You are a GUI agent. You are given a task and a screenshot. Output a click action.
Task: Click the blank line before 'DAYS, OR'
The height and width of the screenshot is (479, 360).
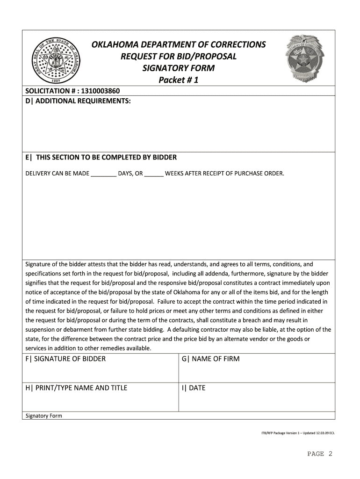click(x=103, y=174)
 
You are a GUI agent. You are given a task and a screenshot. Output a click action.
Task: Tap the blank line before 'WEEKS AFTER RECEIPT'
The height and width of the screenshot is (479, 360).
click(x=154, y=174)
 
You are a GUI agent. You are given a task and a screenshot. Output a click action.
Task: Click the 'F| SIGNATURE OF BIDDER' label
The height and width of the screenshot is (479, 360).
click(x=65, y=359)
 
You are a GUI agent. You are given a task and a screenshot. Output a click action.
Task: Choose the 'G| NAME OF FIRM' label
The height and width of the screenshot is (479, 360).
click(x=210, y=359)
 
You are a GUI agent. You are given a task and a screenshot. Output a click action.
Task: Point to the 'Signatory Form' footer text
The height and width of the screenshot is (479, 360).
click(x=43, y=416)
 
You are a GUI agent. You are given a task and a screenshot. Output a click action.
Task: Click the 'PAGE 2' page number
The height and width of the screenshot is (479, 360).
click(x=320, y=454)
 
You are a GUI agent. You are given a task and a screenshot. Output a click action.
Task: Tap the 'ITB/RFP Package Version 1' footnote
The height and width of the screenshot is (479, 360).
click(x=298, y=433)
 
